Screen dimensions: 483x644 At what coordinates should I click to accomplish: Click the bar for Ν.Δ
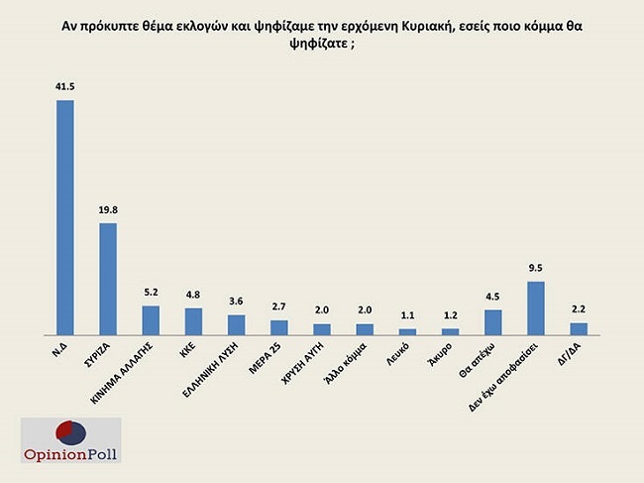[64, 217]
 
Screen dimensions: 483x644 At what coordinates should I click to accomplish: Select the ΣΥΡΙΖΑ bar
[108, 279]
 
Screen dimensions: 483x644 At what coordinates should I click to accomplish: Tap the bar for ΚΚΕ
[193, 321]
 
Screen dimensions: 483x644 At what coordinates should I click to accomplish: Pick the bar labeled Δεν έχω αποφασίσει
[535, 307]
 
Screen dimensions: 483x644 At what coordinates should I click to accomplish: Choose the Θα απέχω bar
[492, 322]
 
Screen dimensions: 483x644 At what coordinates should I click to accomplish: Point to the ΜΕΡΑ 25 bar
[279, 327]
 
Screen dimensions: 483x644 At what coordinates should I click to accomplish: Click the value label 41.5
[64, 89]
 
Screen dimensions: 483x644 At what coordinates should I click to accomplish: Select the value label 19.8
[108, 211]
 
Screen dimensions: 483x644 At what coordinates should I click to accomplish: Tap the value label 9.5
[535, 270]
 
